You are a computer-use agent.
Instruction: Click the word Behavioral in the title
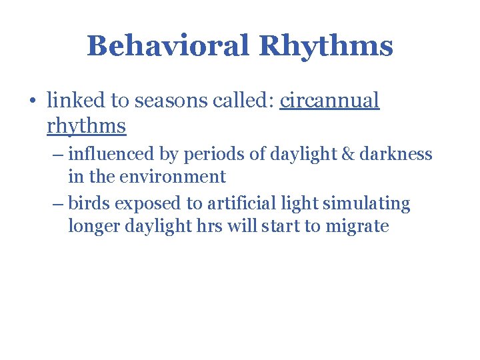[168, 46]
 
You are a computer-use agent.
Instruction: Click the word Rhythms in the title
[325, 46]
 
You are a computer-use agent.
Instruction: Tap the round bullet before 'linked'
[33, 101]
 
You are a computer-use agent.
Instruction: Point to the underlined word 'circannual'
[329, 101]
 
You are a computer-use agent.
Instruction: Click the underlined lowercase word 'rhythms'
[87, 125]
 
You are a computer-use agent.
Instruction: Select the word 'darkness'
[399, 155]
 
